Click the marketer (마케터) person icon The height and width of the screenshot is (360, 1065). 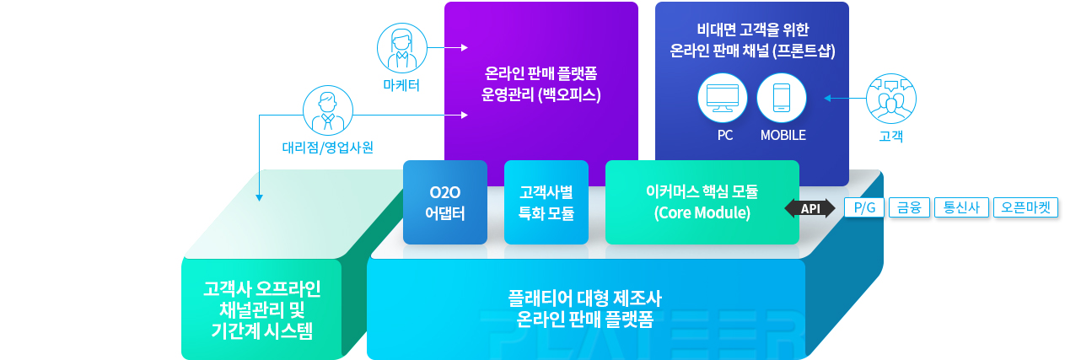(x=401, y=48)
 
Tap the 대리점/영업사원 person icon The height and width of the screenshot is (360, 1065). (x=328, y=110)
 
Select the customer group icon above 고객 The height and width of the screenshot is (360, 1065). (x=891, y=99)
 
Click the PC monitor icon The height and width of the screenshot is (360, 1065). (x=722, y=98)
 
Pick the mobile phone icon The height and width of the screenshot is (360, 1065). (x=782, y=98)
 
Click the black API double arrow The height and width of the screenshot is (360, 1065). (x=810, y=208)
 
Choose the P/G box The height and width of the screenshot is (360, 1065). (x=864, y=207)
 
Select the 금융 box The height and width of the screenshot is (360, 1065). (x=909, y=207)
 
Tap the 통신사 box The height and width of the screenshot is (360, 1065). (x=961, y=207)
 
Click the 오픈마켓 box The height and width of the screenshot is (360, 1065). (x=1025, y=207)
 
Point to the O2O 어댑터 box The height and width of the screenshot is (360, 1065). (x=445, y=202)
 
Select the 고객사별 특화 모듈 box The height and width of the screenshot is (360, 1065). (x=546, y=202)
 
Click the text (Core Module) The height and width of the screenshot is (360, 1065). (x=702, y=212)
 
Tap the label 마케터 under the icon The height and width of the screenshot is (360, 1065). (x=401, y=85)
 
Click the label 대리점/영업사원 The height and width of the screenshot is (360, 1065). (x=327, y=148)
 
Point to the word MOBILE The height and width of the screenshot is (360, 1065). (x=783, y=136)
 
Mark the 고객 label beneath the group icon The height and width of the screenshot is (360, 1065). (x=891, y=136)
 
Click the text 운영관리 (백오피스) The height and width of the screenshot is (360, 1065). (x=541, y=94)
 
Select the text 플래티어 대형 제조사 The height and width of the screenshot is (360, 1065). (x=585, y=298)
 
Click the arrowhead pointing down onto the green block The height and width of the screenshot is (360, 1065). (x=259, y=197)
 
